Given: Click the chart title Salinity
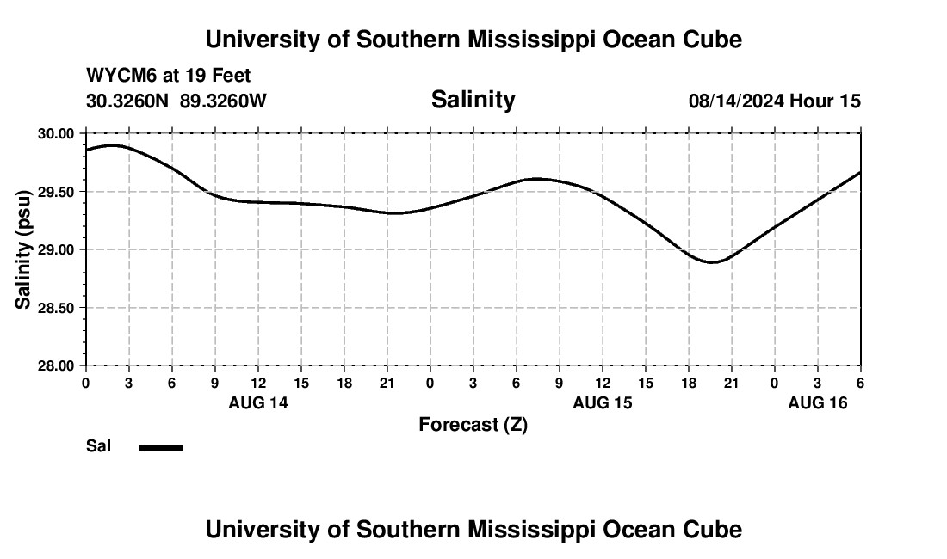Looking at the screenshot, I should [473, 100].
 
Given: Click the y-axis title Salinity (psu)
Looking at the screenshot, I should [23, 249].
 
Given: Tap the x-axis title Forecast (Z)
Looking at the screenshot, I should [473, 424].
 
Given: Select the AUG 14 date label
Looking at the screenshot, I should [257, 402].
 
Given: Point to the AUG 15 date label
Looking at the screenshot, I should [602, 402].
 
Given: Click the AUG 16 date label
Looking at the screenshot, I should [817, 402].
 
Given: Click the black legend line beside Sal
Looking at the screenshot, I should [161, 447].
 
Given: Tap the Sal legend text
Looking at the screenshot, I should [99, 446].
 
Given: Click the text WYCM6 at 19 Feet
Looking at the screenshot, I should [168, 76].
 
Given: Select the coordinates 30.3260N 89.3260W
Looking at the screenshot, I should [176, 101].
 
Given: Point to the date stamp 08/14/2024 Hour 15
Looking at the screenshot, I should [774, 101].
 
